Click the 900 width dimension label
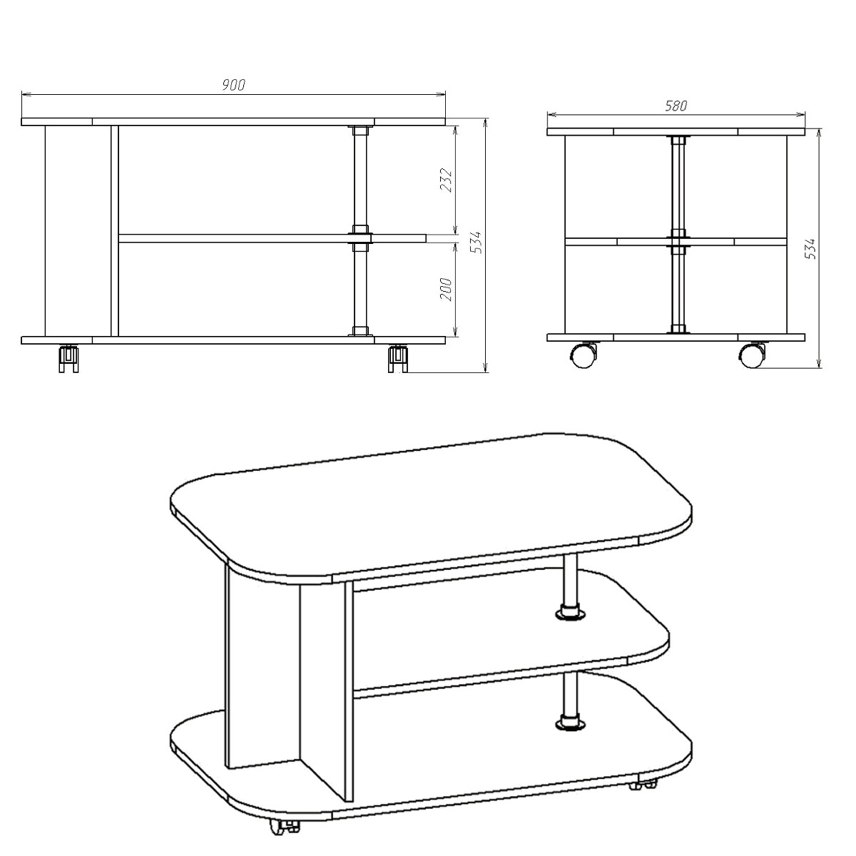(234, 85)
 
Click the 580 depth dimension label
(676, 106)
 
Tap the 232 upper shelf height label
(446, 180)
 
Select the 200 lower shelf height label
(446, 289)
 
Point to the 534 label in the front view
(477, 242)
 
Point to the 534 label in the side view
(810, 249)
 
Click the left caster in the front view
(69, 358)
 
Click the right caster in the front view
(397, 358)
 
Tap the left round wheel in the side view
(583, 355)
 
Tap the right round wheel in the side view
(752, 355)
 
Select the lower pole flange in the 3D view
(571, 735)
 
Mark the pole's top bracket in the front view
(360, 131)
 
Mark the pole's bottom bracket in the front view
(360, 331)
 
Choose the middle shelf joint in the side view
(678, 241)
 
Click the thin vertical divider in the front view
(115, 231)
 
